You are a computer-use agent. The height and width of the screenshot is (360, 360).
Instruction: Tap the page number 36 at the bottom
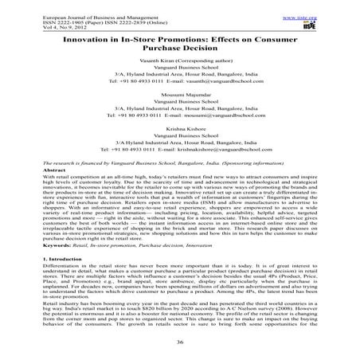pyautogui.click(x=179, y=345)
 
